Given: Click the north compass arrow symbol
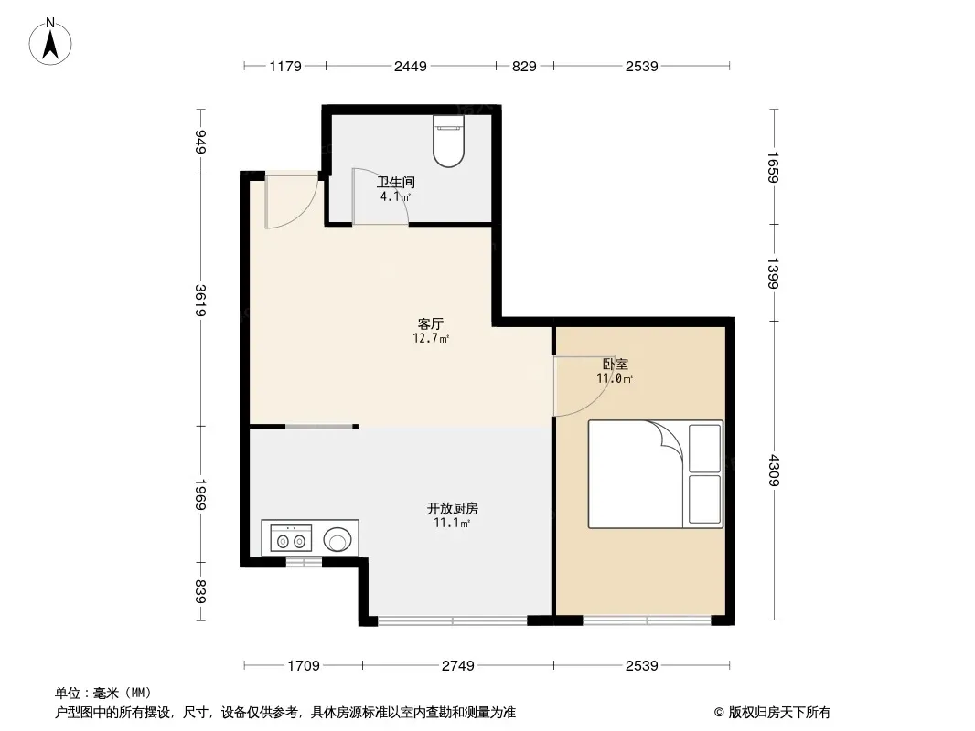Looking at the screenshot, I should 52,40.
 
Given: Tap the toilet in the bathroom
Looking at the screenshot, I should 448,142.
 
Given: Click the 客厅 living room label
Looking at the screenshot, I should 431,324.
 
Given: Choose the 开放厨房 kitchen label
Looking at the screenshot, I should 452,509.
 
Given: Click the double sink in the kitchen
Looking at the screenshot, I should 290,538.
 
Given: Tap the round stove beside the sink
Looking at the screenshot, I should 338,539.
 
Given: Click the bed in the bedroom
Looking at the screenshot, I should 640,475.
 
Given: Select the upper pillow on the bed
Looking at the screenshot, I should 704,448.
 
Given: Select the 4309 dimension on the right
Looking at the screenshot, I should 774,470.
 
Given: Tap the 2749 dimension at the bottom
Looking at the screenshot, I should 457,666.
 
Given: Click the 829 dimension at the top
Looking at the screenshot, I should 524,66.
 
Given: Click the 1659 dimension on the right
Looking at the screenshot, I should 774,167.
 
